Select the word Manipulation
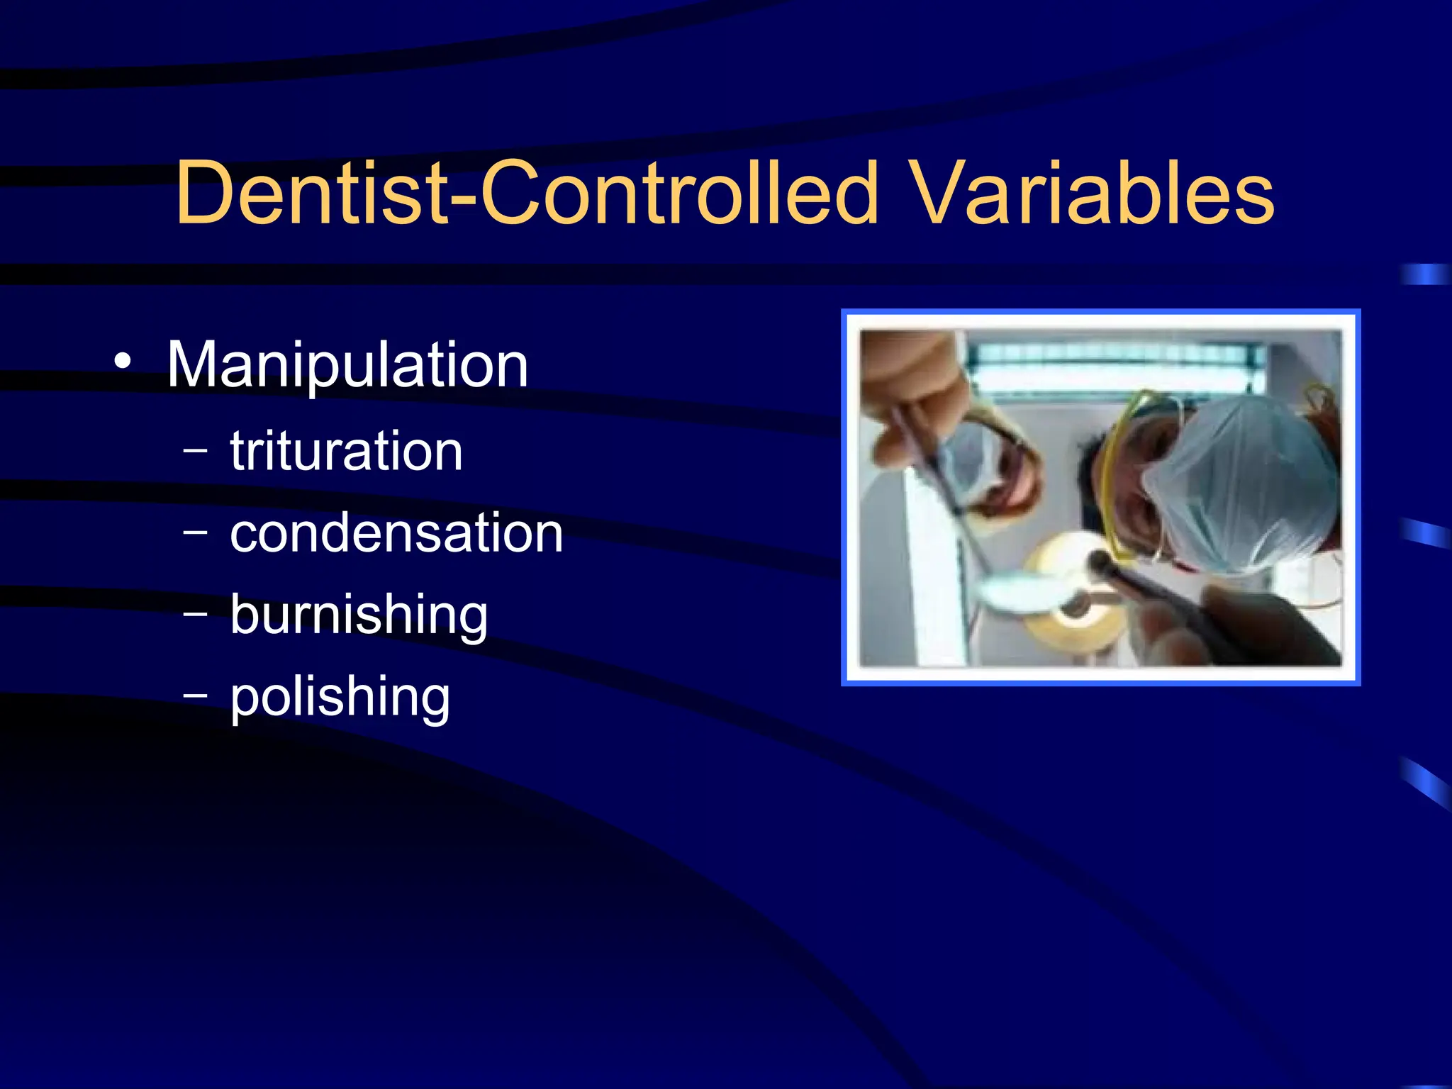click(x=347, y=365)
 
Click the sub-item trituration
click(x=346, y=451)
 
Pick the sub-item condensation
click(x=396, y=533)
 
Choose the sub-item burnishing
click(x=359, y=615)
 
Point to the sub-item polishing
click(x=340, y=697)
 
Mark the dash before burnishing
click(x=195, y=613)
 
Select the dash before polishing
click(x=195, y=696)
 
